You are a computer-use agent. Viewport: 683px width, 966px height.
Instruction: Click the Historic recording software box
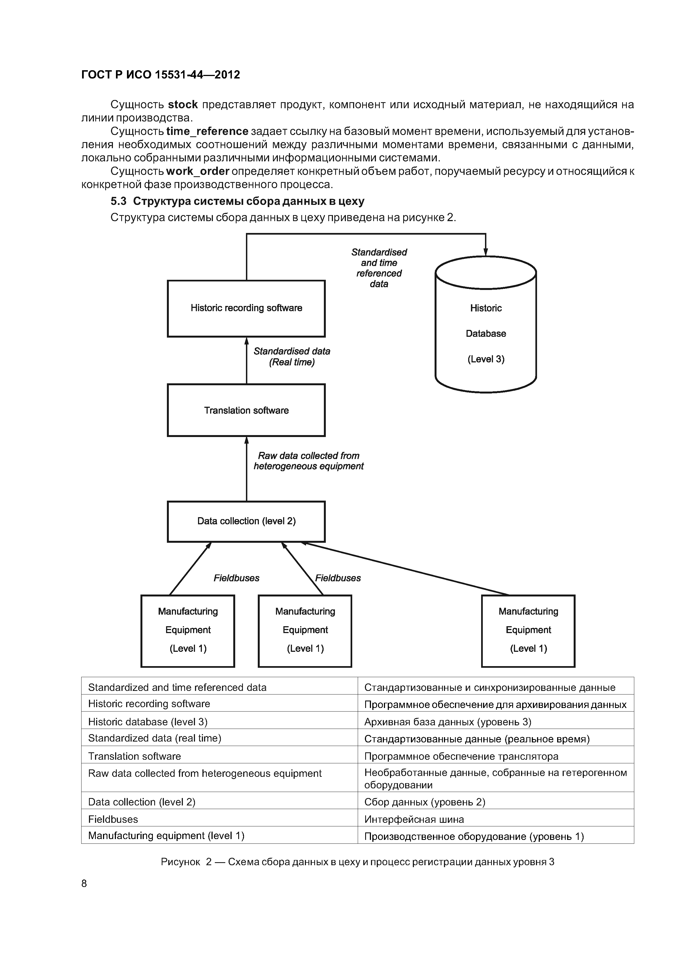(246, 308)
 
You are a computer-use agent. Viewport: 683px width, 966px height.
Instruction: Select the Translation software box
(246, 410)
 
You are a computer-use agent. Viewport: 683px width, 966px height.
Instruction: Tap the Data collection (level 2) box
(246, 521)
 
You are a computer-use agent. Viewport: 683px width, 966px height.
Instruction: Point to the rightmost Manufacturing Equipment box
(528, 630)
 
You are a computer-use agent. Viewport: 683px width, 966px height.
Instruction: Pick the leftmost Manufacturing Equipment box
(188, 630)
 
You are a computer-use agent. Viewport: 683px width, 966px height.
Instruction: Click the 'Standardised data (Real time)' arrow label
(292, 356)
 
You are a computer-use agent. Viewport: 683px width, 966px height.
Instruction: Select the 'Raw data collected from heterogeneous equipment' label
(308, 461)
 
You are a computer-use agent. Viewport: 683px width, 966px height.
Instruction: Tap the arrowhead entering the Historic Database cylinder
(486, 252)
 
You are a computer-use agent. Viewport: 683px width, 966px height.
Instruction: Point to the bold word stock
(183, 104)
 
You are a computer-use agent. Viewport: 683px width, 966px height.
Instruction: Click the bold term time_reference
(207, 131)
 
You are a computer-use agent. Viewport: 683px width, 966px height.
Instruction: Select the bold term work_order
(198, 171)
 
